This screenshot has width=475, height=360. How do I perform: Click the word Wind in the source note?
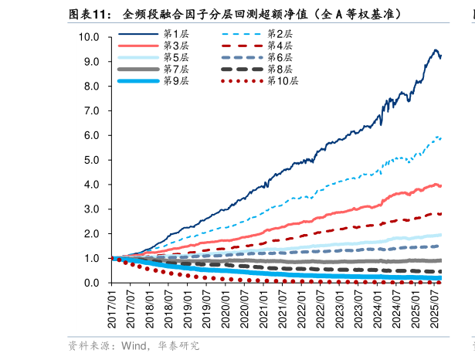134,345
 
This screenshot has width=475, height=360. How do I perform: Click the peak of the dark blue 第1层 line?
437,50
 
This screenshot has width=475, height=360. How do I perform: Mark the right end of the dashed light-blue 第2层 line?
441,138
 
